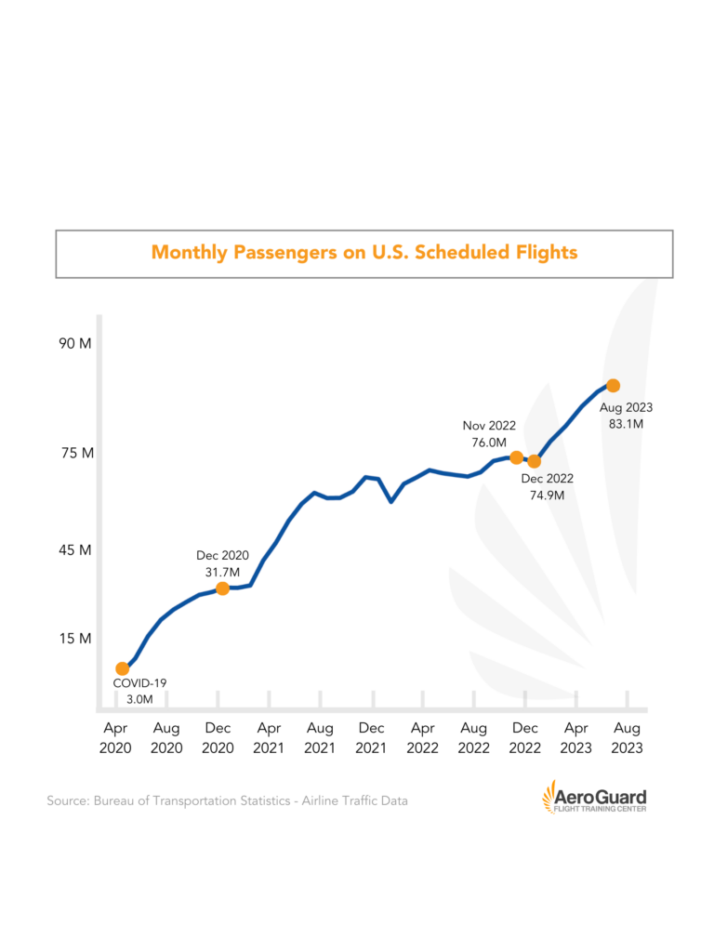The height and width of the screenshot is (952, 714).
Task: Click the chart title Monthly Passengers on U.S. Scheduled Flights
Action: (364, 252)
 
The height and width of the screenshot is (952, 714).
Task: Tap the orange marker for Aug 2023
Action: (613, 386)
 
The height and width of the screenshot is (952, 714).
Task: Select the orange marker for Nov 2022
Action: (516, 457)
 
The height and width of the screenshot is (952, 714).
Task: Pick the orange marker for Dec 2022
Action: (534, 461)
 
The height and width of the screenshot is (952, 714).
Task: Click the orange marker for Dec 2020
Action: (222, 588)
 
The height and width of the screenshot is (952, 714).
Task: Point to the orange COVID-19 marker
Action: (122, 668)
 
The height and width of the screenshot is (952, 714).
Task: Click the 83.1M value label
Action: (626, 424)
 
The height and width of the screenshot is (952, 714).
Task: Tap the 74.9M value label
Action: (547, 496)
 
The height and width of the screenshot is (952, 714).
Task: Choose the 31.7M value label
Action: (221, 571)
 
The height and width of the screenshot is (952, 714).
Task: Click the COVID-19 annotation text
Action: (139, 683)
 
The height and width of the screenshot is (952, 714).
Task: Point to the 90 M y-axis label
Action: (74, 343)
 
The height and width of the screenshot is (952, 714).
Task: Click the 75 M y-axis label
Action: (74, 454)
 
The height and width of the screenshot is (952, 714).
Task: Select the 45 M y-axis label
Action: (74, 549)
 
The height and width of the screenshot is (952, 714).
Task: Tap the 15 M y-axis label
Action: (74, 639)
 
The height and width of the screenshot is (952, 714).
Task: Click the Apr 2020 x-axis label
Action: (116, 738)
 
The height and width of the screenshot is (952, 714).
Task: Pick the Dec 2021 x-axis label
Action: (371, 738)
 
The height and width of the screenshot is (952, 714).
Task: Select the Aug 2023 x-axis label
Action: (627, 738)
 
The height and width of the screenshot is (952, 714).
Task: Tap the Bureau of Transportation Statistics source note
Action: (227, 800)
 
